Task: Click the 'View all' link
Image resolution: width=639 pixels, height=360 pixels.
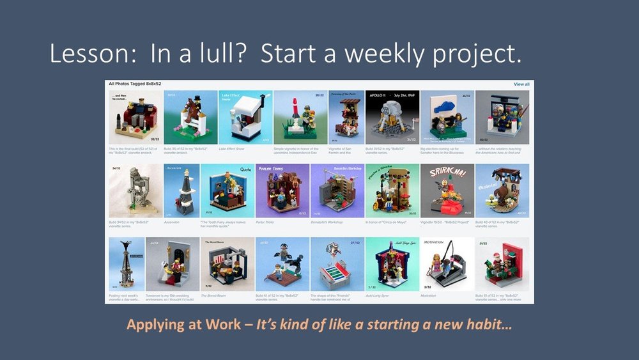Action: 521,84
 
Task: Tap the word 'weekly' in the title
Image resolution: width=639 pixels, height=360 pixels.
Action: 376,55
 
